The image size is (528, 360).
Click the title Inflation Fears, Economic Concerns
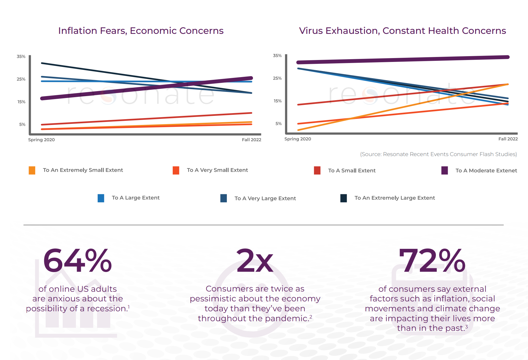click(x=141, y=31)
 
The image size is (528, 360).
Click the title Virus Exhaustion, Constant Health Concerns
click(x=402, y=31)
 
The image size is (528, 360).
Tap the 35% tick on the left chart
click(x=21, y=56)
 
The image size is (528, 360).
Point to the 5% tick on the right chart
click(x=278, y=124)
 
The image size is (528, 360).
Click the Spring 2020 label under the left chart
click(x=41, y=140)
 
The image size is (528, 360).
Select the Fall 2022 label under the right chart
click(x=508, y=139)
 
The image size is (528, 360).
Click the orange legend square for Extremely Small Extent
click(x=32, y=170)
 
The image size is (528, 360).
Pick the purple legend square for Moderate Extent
click(x=444, y=170)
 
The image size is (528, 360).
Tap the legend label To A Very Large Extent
click(x=265, y=198)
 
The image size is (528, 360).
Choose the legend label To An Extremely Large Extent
click(x=395, y=198)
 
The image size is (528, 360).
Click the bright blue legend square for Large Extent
click(x=101, y=198)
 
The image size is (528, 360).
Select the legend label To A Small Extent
click(x=352, y=171)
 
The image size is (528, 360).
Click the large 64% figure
click(x=78, y=261)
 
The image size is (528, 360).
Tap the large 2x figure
click(x=255, y=261)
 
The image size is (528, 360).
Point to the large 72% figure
click(x=432, y=261)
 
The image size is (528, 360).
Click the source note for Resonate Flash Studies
click(x=438, y=154)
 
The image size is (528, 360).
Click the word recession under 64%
click(x=107, y=309)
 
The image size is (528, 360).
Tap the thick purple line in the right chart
click(x=403, y=59)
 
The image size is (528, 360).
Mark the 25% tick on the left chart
click(x=21, y=79)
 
